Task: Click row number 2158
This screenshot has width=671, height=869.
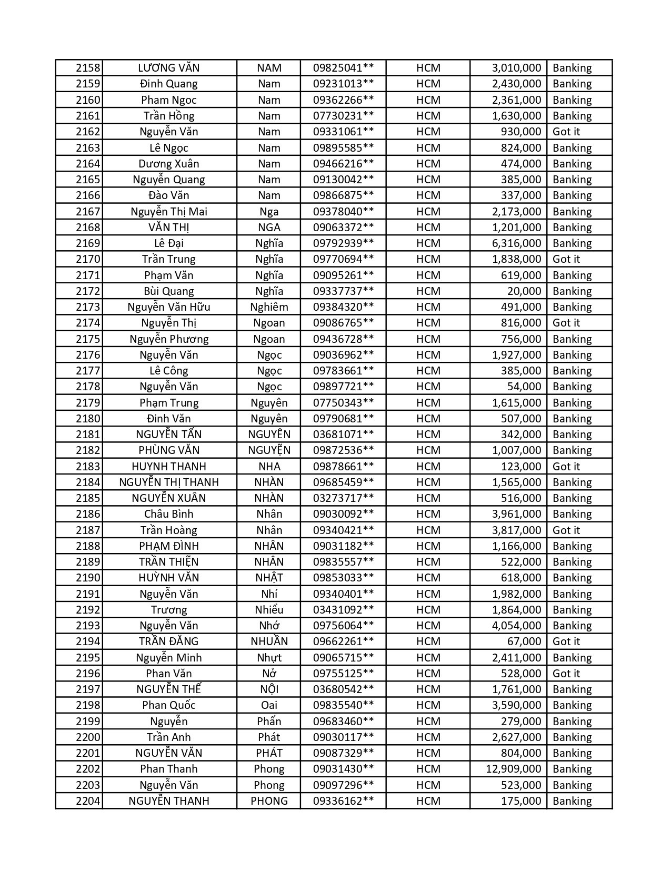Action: point(87,68)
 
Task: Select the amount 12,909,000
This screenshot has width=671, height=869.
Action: point(513,769)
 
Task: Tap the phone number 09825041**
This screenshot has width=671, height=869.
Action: point(343,68)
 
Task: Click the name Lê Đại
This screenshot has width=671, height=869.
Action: point(169,243)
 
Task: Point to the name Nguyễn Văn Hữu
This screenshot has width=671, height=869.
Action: point(169,307)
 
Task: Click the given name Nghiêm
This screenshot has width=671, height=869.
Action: point(269,307)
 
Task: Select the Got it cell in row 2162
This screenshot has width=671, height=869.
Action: point(566,132)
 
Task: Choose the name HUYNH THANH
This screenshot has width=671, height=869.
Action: point(169,467)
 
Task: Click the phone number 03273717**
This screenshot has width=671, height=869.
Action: point(343,498)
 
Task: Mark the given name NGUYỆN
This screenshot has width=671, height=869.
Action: point(269,450)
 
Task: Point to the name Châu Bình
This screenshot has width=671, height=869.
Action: point(169,514)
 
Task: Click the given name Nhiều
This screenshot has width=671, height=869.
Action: point(269,610)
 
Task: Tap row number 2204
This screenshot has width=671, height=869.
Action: point(87,801)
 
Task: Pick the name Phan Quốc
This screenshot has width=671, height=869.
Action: point(169,705)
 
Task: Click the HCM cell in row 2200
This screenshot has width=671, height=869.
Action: point(428,737)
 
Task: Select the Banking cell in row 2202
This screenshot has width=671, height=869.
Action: point(572,769)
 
